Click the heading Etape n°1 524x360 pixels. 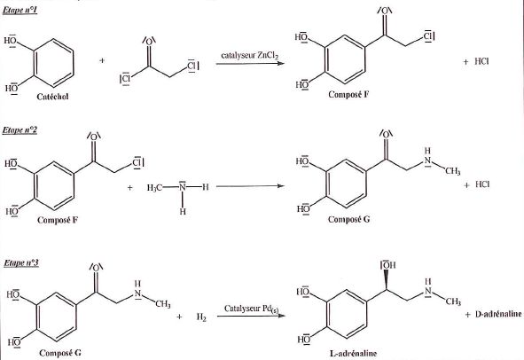tap(20, 10)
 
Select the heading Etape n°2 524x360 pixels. tap(20, 130)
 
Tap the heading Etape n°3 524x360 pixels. tap(21, 263)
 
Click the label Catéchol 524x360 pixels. tap(52, 97)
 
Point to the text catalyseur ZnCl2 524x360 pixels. tap(250, 56)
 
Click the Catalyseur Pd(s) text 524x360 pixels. tap(251, 309)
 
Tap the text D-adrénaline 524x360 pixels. tap(498, 314)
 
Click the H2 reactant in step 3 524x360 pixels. tap(201, 317)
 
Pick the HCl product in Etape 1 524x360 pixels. tap(481, 61)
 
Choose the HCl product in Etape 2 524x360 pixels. tap(482, 184)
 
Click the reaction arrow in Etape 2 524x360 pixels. tap(250, 186)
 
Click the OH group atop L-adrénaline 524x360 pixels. tap(388, 265)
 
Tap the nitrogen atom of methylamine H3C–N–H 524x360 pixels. tap(182, 186)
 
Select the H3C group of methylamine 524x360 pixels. tap(154, 187)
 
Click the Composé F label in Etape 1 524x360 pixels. tap(348, 95)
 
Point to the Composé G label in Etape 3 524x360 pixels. tap(60, 353)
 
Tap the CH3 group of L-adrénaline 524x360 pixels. tap(453, 301)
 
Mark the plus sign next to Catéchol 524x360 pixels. tap(102, 60)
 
